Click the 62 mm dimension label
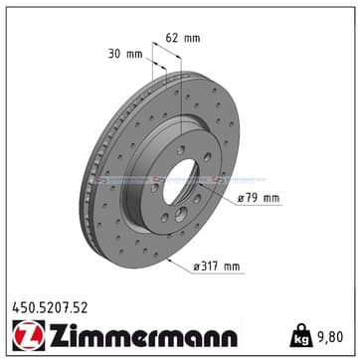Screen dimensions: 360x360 [183, 38]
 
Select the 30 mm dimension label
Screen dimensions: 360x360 [125, 54]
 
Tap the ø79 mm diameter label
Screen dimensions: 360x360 [259, 199]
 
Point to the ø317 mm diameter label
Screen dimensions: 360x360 [217, 267]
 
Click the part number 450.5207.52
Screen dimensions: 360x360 [50, 308]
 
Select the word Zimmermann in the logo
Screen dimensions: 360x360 [143, 335]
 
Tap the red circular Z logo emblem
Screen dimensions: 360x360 [29, 335]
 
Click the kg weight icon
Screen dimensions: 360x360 [301, 335]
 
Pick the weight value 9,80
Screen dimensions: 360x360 [330, 337]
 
